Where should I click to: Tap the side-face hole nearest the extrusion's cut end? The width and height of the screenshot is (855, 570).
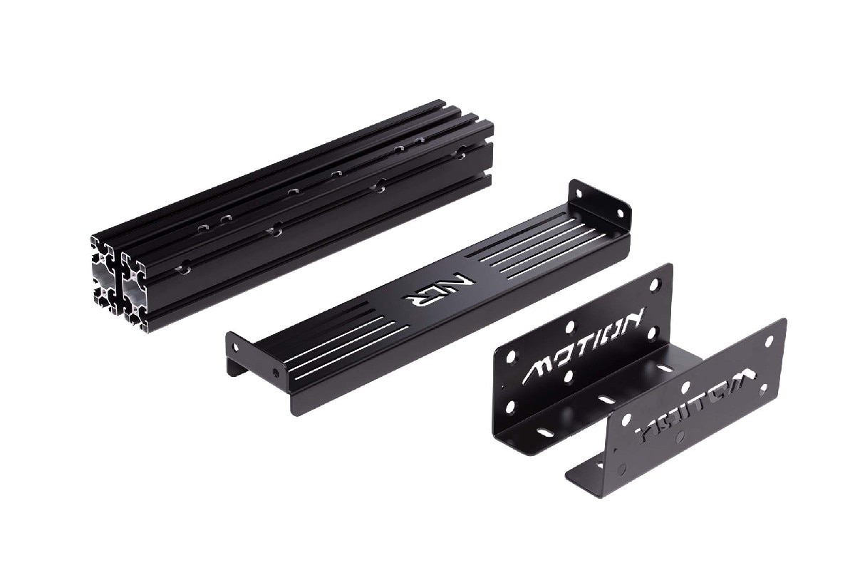(x=184, y=268)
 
